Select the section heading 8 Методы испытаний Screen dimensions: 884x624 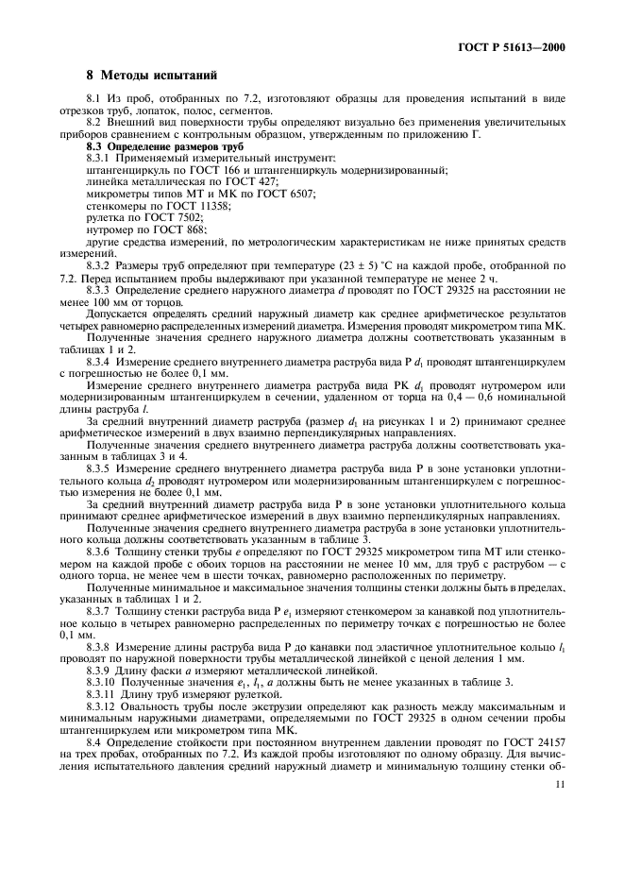click(152, 75)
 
